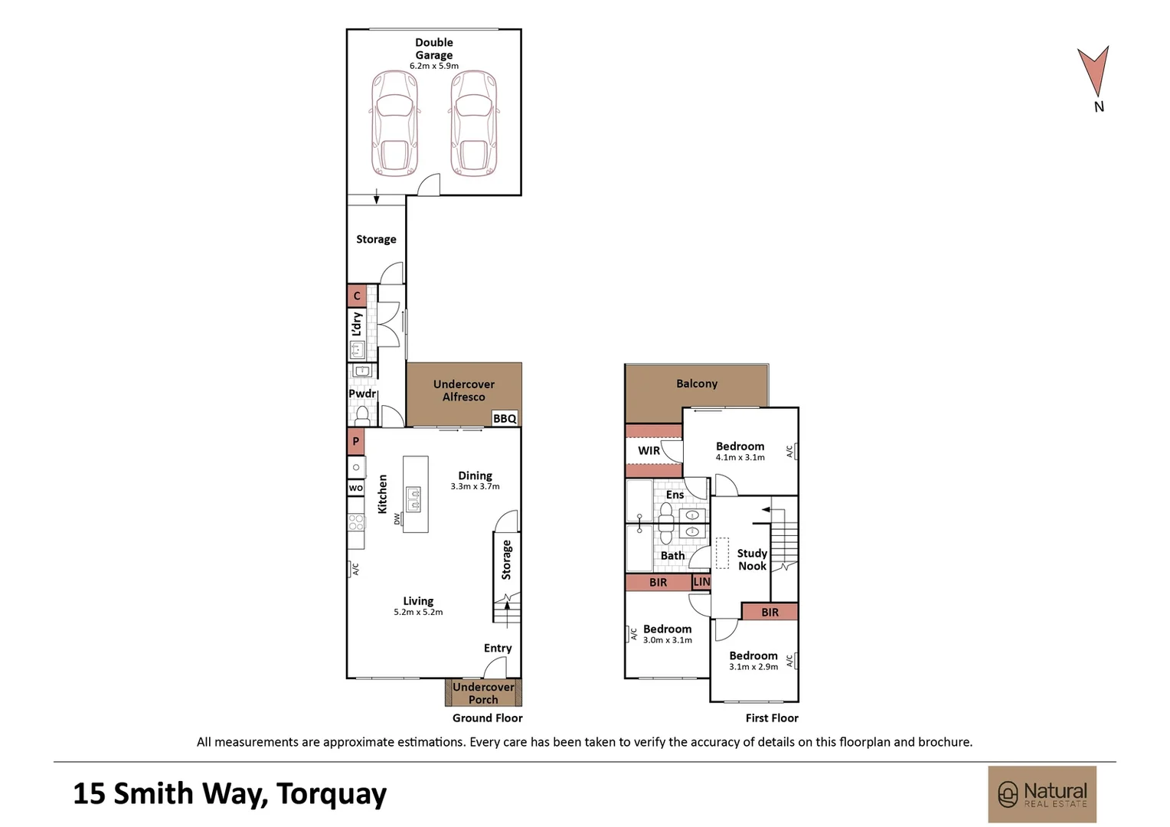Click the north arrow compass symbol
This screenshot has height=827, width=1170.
click(x=1093, y=74)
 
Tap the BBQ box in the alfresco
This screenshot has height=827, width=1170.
click(x=505, y=418)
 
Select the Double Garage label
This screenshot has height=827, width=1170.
click(x=434, y=48)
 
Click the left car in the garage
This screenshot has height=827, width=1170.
click(x=395, y=123)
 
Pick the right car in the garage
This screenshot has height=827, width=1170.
click(x=474, y=123)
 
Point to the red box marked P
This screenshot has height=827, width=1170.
click(x=356, y=442)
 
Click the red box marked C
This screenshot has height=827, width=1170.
click(x=357, y=296)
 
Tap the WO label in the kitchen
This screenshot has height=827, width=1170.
click(x=356, y=488)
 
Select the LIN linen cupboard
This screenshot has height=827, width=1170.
click(x=701, y=582)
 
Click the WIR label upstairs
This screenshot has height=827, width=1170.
click(x=649, y=450)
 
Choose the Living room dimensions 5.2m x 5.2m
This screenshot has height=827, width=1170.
click(x=418, y=612)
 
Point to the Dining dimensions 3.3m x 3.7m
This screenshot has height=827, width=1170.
click(x=476, y=486)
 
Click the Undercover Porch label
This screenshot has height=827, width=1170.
click(x=483, y=693)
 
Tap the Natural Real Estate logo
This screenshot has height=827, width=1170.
click(x=1042, y=794)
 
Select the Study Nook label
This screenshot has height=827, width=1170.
click(x=752, y=560)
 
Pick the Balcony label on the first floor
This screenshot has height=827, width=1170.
click(x=697, y=384)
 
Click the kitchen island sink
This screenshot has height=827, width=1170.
click(x=413, y=499)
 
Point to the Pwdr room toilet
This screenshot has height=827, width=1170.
click(x=362, y=415)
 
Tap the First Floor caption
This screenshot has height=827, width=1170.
click(x=772, y=718)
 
